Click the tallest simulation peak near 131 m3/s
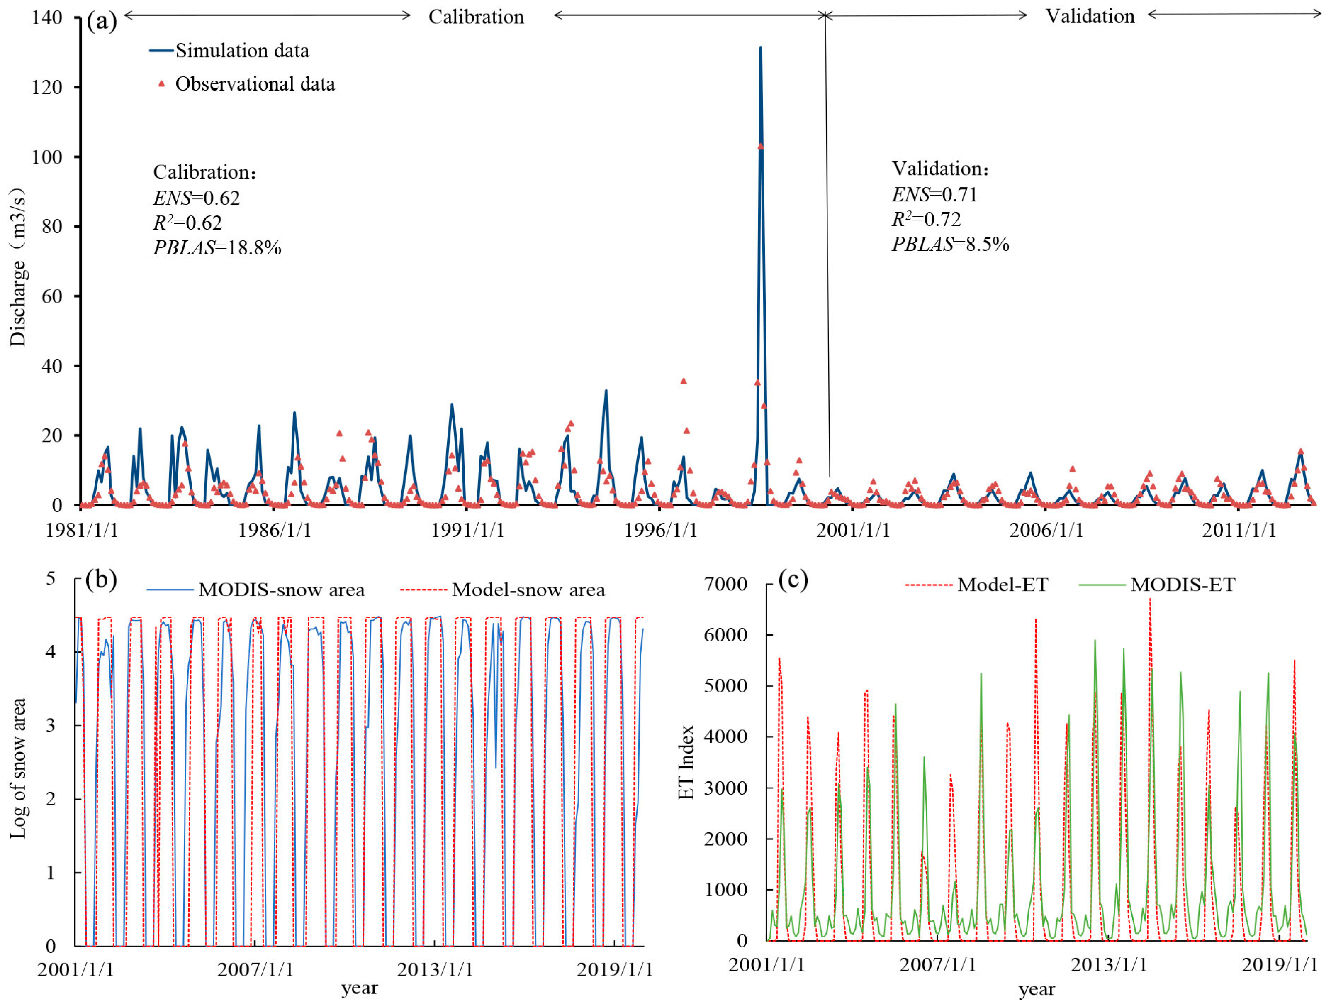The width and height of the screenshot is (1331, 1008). coord(761,48)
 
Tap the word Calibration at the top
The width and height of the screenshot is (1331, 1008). coord(476,17)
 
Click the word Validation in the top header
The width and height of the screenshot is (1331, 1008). coord(1090,16)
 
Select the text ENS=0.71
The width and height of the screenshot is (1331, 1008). coord(934,194)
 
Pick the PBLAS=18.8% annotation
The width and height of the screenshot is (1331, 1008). coord(217,247)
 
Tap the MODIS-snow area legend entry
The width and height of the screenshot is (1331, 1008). coord(281,590)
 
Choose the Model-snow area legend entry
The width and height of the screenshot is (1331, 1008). coord(528,590)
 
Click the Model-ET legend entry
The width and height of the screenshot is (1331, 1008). coord(1002,585)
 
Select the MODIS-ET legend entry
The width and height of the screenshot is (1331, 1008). coord(1182,585)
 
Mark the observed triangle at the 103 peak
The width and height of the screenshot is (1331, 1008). coord(761,146)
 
